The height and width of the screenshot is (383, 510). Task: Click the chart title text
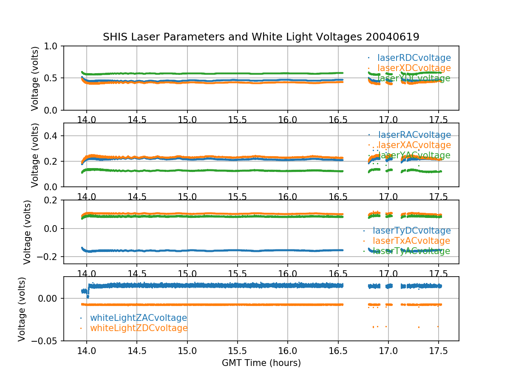261,37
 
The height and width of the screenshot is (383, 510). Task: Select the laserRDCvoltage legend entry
414,58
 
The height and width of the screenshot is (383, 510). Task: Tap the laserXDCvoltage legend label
414,68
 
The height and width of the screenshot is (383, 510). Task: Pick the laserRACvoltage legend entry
414,135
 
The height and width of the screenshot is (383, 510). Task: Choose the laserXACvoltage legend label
414,145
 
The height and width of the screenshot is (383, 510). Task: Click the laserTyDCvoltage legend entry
411,231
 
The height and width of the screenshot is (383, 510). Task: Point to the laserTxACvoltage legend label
411,241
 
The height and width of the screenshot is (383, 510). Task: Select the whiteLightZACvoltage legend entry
138,318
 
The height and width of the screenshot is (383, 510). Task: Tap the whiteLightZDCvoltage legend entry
139,328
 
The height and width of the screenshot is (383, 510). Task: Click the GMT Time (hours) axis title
261,363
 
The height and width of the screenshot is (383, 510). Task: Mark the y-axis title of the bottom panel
22,309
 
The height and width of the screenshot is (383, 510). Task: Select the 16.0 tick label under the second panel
288,197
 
